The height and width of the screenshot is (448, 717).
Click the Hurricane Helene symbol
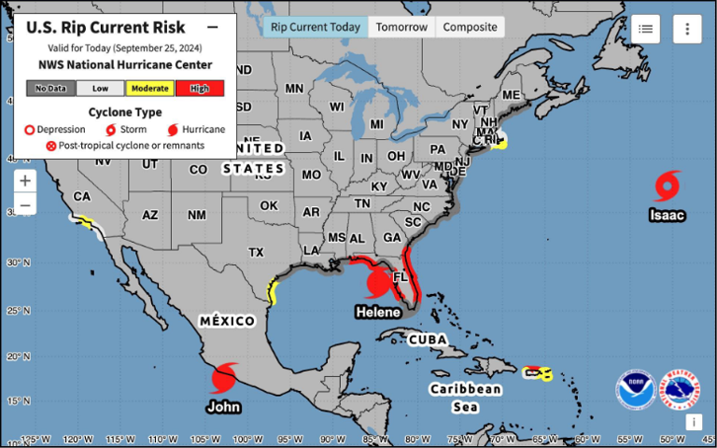379,282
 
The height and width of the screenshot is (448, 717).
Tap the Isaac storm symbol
667,186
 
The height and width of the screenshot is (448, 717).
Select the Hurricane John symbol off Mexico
224,378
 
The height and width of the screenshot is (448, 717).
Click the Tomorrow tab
401,27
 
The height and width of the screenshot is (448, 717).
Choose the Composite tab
470,27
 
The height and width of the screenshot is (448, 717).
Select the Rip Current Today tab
316,27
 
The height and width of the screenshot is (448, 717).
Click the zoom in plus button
25,180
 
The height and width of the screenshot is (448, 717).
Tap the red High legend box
199,89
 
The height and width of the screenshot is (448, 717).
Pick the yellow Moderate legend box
149,89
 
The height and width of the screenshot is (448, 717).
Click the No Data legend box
50,89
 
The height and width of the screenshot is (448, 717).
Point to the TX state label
256,252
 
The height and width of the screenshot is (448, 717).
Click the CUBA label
428,340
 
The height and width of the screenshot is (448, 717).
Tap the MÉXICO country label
227,321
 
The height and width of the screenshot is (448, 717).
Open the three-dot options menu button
687,29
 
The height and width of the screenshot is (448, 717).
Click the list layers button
645,29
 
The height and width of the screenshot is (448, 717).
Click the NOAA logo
635,390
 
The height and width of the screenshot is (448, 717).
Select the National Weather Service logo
679,390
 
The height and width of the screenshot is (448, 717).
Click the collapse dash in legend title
213,27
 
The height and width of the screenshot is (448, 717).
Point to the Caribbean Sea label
466,398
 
